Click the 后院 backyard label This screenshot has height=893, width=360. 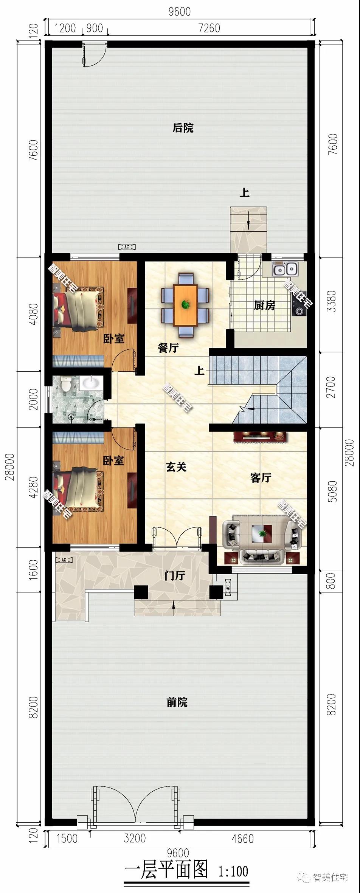tap(183, 128)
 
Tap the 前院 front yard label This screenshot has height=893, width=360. tap(177, 703)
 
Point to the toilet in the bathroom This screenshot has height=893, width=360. tap(66, 384)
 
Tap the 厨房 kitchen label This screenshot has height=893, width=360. tap(264, 305)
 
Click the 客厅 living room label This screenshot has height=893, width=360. tap(261, 478)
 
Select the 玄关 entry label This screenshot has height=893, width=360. tap(176, 467)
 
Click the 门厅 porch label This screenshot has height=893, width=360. tap(175, 575)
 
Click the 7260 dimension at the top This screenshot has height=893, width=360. tap(209, 28)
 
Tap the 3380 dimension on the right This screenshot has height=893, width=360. tap(331, 301)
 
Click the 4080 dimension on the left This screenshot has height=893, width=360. tap(33, 314)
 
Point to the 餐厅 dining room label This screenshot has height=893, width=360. tap(168, 348)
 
